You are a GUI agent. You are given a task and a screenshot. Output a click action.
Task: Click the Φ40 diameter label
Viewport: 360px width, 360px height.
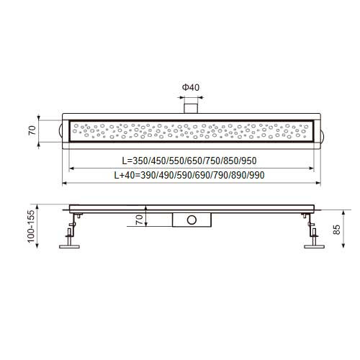[191, 87]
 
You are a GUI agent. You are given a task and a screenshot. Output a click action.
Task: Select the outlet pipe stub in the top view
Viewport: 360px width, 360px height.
[191, 109]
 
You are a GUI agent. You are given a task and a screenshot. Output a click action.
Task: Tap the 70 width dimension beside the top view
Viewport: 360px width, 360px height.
[32, 130]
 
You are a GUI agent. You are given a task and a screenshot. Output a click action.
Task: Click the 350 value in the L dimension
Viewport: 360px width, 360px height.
[140, 161]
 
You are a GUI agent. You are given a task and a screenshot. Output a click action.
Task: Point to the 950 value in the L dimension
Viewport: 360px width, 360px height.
[249, 161]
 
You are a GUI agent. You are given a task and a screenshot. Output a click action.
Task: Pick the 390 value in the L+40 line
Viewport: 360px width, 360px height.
[148, 176]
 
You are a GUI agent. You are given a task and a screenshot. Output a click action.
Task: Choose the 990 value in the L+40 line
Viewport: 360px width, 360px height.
[257, 176]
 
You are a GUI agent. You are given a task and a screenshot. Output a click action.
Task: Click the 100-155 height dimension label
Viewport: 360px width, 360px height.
[31, 226]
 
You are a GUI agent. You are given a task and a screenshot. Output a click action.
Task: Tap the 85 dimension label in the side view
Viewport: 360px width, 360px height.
[337, 230]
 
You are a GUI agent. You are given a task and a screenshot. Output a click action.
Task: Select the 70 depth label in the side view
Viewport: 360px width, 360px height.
[139, 220]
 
